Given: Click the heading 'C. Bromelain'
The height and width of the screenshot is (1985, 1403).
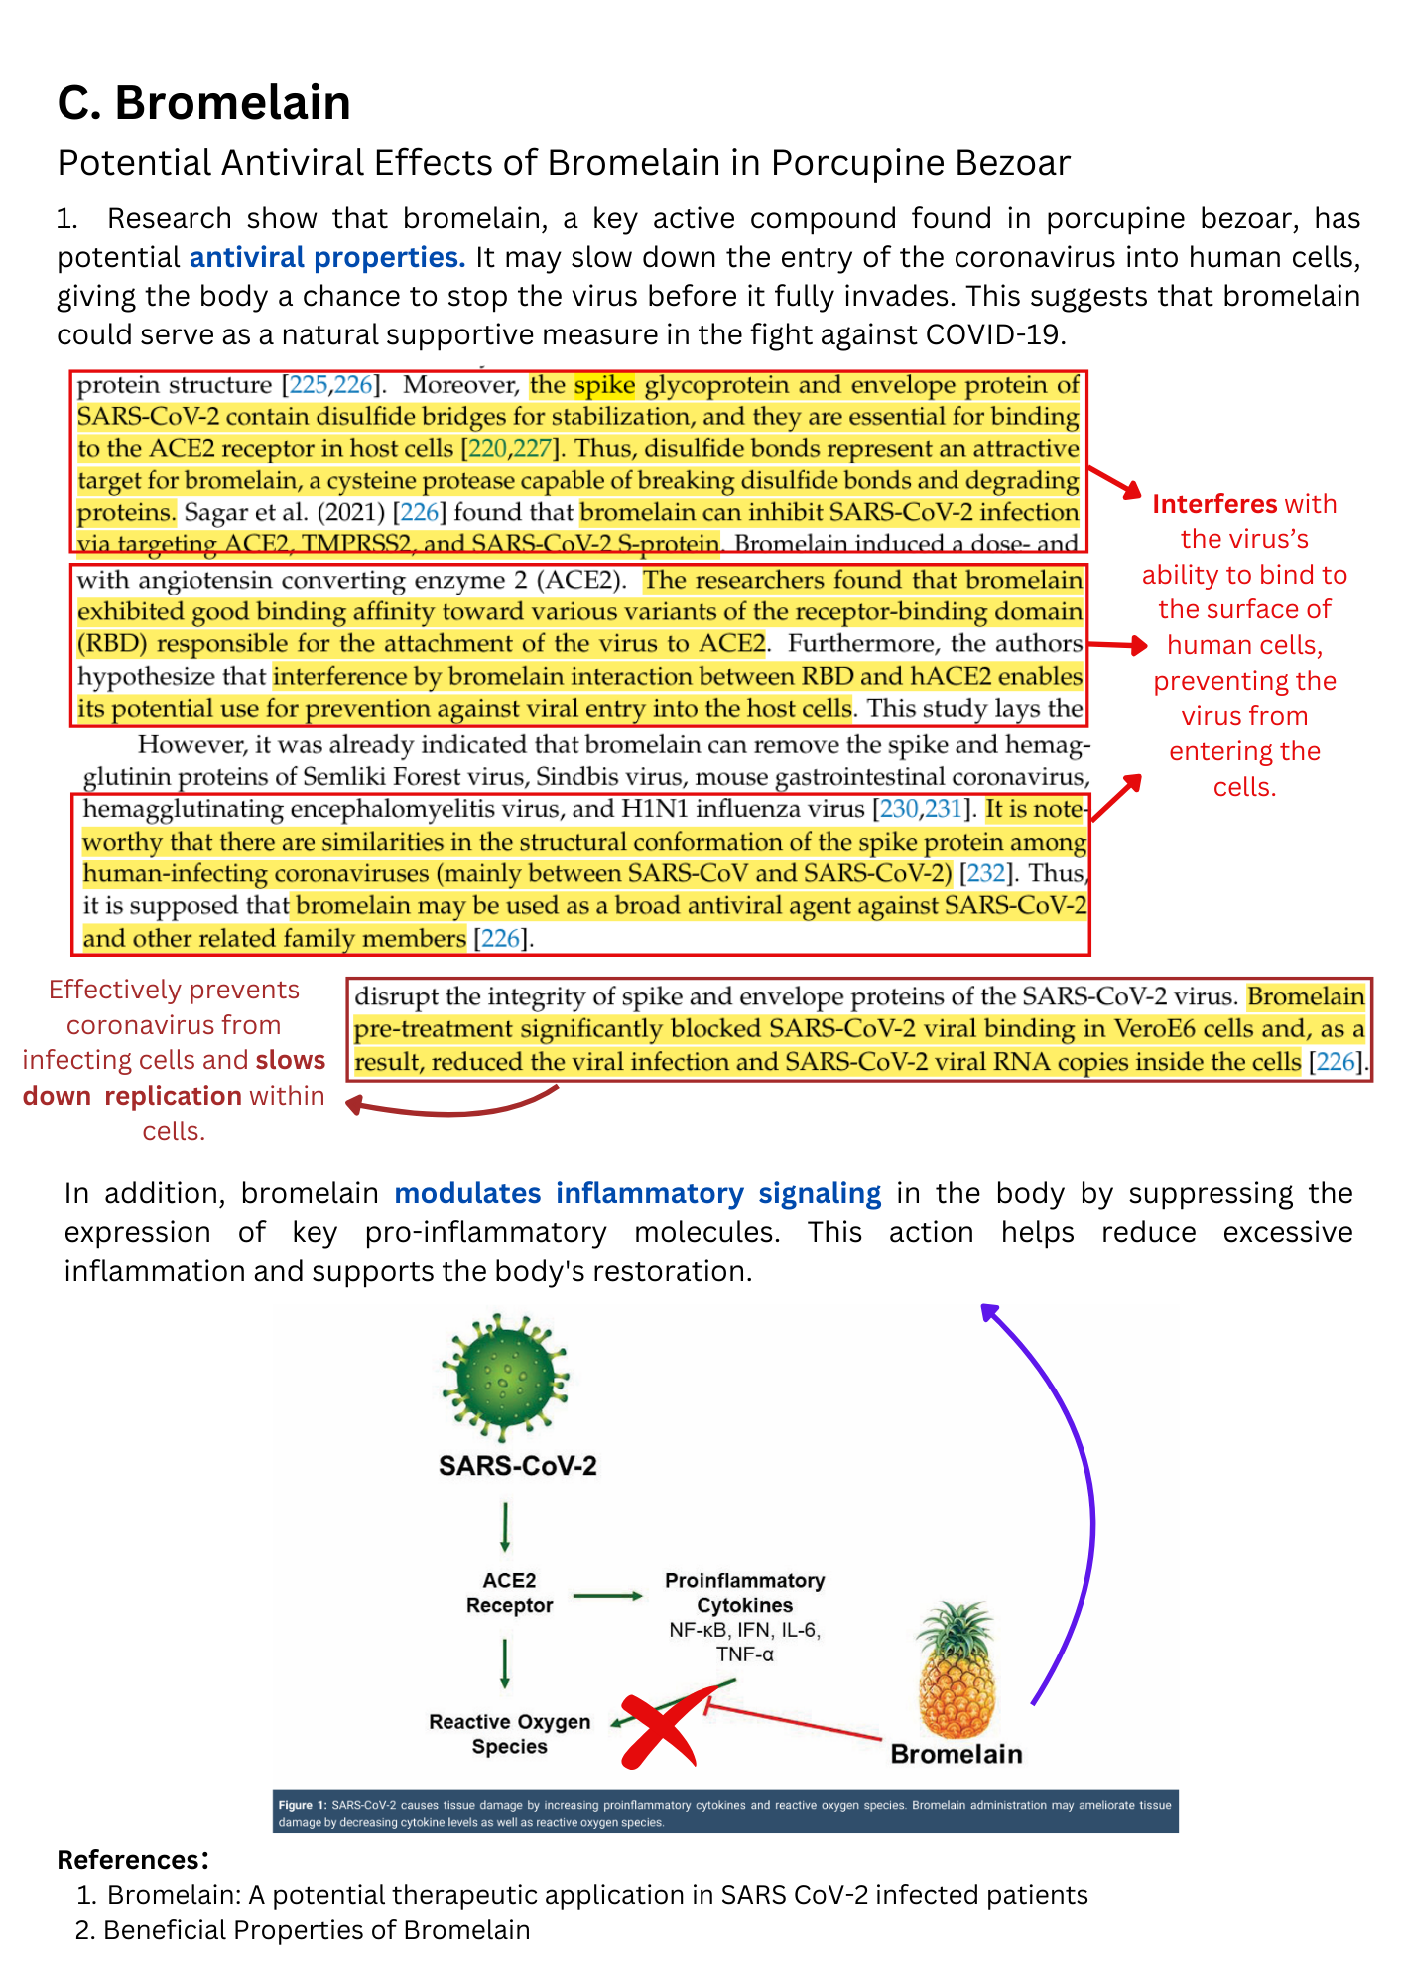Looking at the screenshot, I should click(x=203, y=103).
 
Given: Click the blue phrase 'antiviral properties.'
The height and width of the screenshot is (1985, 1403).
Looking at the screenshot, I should click(x=326, y=258).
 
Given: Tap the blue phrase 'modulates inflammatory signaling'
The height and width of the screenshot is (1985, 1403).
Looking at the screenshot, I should click(x=637, y=1193).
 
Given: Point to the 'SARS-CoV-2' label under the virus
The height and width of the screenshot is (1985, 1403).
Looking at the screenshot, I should click(x=517, y=1466).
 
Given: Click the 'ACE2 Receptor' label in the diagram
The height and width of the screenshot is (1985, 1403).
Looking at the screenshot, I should click(x=509, y=1592).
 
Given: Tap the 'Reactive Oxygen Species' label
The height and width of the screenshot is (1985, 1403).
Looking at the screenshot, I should click(x=509, y=1734).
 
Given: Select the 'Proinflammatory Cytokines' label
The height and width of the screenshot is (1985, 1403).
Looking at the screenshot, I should click(x=744, y=1592).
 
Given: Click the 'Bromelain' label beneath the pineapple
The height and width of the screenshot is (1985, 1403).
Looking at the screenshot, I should click(x=956, y=1754).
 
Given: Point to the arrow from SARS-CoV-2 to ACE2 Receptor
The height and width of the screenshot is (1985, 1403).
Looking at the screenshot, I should click(x=506, y=1526).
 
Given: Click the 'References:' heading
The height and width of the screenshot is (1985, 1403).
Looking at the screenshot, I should click(x=132, y=1859).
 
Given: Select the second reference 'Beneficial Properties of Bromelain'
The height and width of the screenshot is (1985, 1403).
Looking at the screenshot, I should click(x=317, y=1930).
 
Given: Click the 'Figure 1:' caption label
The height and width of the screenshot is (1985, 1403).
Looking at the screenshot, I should click(x=296, y=1805).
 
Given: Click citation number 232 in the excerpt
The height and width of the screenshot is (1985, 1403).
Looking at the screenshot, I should click(x=985, y=873).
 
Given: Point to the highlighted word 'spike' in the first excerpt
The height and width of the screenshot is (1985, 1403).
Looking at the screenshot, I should click(x=603, y=385).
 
